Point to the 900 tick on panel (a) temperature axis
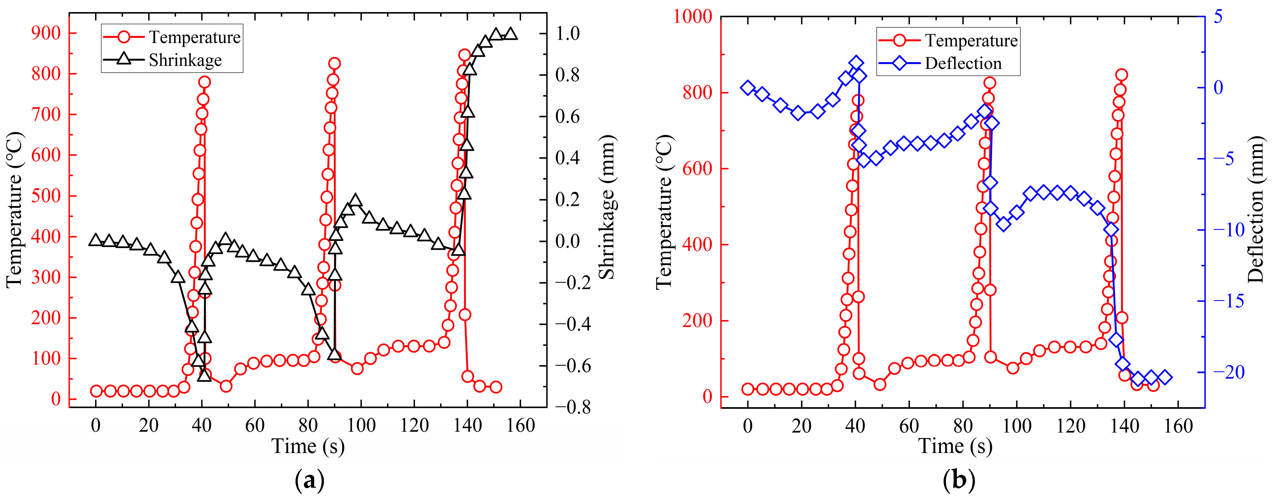[x=46, y=34]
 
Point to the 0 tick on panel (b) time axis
[x=748, y=425]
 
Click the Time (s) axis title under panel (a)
[x=308, y=446]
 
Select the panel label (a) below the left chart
[x=309, y=480]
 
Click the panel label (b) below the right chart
[x=959, y=480]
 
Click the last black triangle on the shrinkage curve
[x=511, y=34]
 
